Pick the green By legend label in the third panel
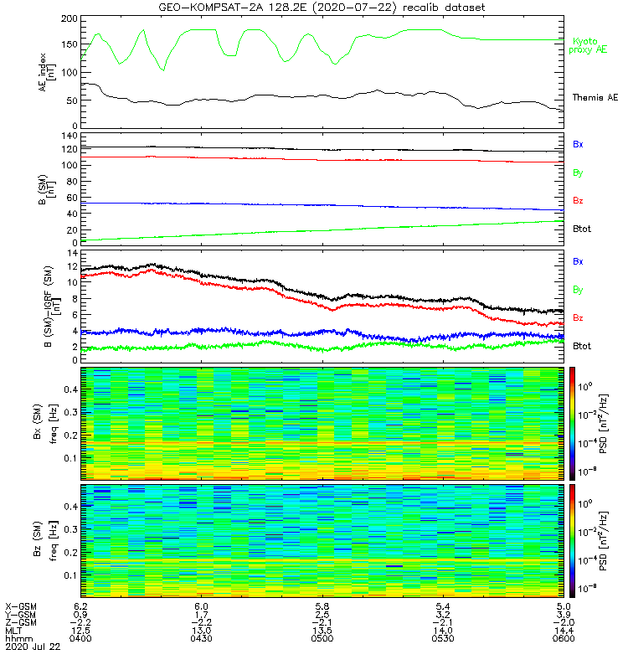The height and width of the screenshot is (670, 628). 578,290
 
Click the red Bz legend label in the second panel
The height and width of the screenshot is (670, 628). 578,201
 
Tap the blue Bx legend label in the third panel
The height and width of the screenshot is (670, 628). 578,261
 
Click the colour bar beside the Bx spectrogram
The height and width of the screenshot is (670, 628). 573,423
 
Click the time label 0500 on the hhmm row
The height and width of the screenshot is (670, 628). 322,639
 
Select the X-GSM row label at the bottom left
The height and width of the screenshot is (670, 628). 21,606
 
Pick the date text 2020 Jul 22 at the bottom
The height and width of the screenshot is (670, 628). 31,647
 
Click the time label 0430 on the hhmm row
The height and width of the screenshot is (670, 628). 201,639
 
